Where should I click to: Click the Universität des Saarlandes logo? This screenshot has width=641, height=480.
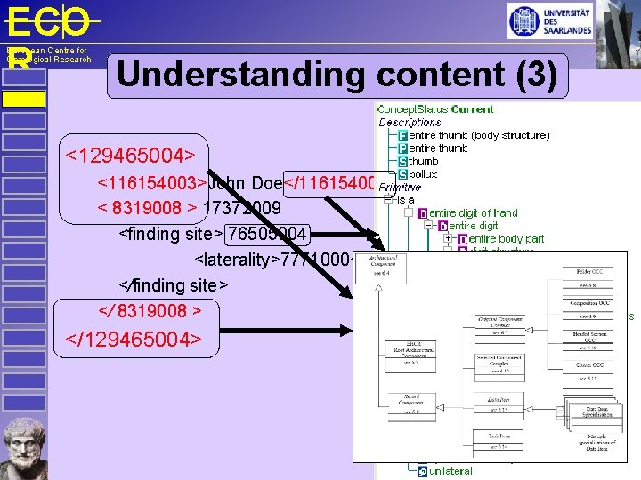(x=550, y=20)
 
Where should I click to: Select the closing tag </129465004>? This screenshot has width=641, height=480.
(x=134, y=339)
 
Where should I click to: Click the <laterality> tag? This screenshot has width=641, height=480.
(x=237, y=260)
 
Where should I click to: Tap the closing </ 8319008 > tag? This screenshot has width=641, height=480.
(x=149, y=310)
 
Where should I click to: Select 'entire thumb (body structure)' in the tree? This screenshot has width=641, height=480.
(x=479, y=135)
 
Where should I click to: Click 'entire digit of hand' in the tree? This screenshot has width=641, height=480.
(x=473, y=213)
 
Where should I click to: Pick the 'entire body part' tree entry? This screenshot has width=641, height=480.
(x=506, y=239)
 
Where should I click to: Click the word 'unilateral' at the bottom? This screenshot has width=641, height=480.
(x=450, y=470)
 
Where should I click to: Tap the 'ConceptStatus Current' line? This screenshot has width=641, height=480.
(x=435, y=109)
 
